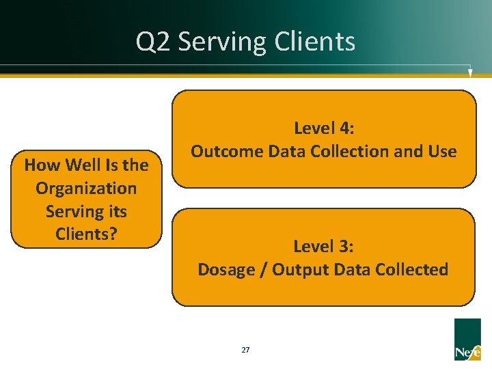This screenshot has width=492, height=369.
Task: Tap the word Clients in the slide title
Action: (315, 42)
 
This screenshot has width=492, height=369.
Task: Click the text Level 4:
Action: (323, 128)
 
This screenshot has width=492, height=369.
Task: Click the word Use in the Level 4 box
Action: (441, 151)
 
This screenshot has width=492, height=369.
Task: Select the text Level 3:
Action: (323, 246)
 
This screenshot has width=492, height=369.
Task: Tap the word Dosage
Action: (226, 269)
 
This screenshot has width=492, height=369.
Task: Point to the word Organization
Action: (86, 188)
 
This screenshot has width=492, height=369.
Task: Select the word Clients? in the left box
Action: (86, 234)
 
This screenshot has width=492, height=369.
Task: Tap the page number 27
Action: (245, 350)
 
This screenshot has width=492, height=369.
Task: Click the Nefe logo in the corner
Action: (467, 340)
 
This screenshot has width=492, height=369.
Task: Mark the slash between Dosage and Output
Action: (264, 269)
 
